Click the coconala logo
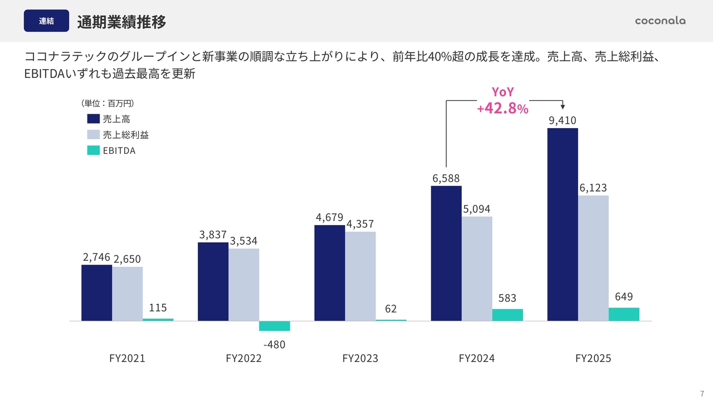(x=660, y=21)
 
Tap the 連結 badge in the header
(x=46, y=21)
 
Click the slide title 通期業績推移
(x=121, y=22)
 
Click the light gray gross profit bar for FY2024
(x=477, y=268)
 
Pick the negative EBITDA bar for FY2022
(x=275, y=326)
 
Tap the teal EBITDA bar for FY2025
(x=624, y=314)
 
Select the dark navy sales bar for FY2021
(x=97, y=293)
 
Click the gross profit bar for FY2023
(x=360, y=276)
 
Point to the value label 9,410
(x=563, y=120)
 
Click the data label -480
(x=274, y=345)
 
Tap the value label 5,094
(x=477, y=209)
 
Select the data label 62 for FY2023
(x=391, y=309)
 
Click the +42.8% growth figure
(x=502, y=108)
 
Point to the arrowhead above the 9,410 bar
(x=563, y=106)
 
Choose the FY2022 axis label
(x=243, y=358)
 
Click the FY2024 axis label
(x=477, y=358)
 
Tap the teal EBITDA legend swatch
(x=94, y=150)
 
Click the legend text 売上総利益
(x=126, y=135)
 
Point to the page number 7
(x=702, y=393)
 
